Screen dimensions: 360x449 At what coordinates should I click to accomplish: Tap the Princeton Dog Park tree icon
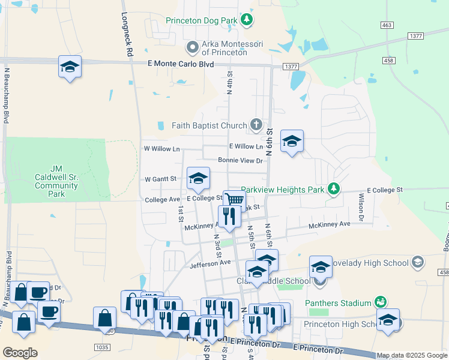pyautogui.click(x=246, y=20)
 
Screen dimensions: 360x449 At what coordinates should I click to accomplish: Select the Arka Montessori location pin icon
pyautogui.click(x=192, y=47)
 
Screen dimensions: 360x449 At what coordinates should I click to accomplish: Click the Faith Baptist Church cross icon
pyautogui.click(x=256, y=125)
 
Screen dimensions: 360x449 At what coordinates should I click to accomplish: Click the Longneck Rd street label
pyautogui.click(x=127, y=35)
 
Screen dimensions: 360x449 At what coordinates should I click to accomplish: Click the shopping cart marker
pyautogui.click(x=234, y=200)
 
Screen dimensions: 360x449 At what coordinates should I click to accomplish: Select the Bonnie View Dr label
pyautogui.click(x=240, y=161)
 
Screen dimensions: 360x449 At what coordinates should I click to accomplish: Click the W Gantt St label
pyautogui.click(x=160, y=179)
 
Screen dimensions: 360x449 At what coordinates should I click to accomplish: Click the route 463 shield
pyautogui.click(x=387, y=25)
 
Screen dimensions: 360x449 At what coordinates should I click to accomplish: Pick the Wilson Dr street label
pyautogui.click(x=361, y=207)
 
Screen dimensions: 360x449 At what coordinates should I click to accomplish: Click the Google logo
pyautogui.click(x=20, y=353)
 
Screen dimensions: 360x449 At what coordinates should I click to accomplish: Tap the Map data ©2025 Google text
pyautogui.click(x=412, y=355)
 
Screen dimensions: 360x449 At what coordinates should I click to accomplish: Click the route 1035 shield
pyautogui.click(x=102, y=347)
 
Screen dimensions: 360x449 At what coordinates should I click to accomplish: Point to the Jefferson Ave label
pyautogui.click(x=210, y=263)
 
